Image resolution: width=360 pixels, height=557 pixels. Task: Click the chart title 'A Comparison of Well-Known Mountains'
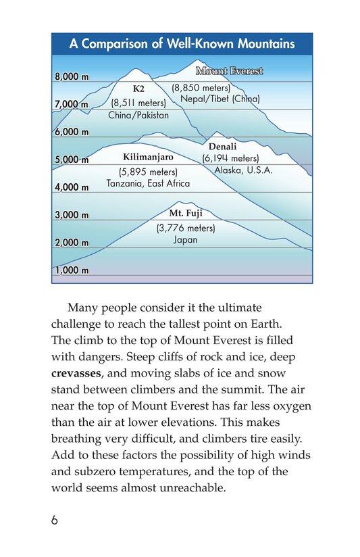[x=182, y=45]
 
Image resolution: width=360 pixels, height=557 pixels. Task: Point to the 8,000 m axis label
[x=72, y=77]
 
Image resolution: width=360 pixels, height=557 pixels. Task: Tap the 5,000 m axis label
[x=72, y=160]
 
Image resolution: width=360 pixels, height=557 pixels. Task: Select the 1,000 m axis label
[x=72, y=270]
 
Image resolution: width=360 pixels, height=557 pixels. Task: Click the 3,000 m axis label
[x=72, y=216]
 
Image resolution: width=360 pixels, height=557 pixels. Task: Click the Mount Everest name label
[x=229, y=71]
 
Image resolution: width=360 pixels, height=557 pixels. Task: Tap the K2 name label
[x=138, y=89]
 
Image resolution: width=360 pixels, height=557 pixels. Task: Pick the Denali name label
[x=222, y=146]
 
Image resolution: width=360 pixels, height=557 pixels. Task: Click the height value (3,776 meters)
[x=185, y=228]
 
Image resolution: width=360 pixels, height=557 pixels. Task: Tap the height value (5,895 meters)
[x=147, y=172]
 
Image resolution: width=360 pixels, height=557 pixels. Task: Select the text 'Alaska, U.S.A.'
[x=243, y=170]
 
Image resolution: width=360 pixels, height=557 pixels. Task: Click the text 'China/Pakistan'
[x=138, y=115]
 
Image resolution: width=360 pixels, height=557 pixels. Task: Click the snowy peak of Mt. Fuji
[x=180, y=203]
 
